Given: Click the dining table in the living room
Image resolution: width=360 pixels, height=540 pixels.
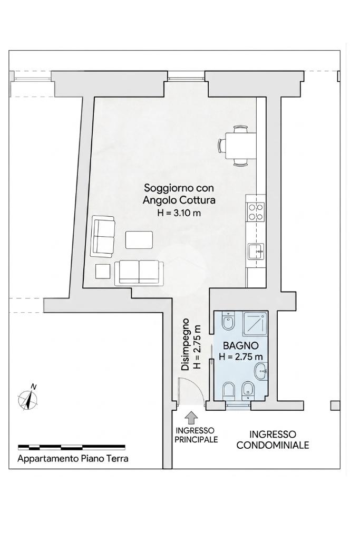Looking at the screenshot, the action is [x=240, y=146].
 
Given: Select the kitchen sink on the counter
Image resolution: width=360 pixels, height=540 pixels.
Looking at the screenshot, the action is [x=256, y=251].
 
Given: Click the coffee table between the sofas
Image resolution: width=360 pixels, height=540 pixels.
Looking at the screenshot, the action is [x=139, y=240].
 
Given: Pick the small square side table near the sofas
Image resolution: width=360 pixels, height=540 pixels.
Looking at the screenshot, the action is [x=103, y=271].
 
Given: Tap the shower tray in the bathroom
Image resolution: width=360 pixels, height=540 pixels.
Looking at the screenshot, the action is [x=255, y=323].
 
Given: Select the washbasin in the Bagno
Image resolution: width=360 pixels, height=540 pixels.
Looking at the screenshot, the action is [x=261, y=372].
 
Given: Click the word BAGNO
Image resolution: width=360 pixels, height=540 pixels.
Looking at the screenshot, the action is [x=241, y=345].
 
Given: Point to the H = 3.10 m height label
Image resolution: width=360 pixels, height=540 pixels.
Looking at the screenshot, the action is [x=179, y=213].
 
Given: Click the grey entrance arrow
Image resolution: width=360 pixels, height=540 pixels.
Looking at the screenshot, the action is [x=191, y=418].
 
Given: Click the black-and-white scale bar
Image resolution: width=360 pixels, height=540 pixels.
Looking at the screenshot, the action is [x=72, y=448].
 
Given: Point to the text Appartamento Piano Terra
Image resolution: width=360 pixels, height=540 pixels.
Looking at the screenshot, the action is [x=73, y=459].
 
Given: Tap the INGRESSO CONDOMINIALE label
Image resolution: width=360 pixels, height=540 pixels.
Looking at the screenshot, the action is [x=273, y=439].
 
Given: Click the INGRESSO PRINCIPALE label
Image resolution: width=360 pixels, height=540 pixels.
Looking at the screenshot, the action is [x=196, y=435].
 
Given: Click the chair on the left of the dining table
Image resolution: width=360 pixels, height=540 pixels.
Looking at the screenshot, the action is [x=221, y=146].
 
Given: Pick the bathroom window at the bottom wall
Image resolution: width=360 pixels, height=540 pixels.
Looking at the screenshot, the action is [x=239, y=406].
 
